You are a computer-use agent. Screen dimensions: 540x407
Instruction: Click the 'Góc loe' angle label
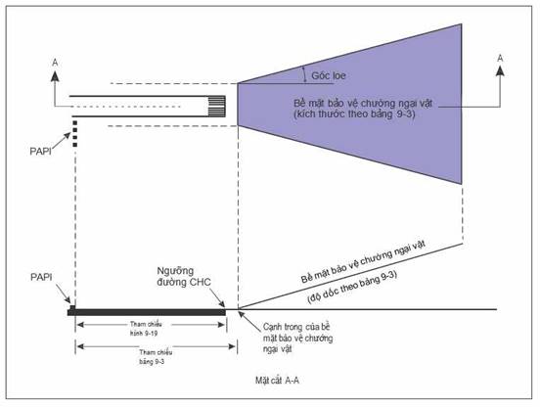click(x=328, y=75)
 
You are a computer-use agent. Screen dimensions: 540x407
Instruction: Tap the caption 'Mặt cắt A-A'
click(x=277, y=381)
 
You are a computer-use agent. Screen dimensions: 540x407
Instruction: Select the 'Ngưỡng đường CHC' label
click(x=184, y=277)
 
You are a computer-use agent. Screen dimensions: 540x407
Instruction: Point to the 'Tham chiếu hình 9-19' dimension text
click(x=146, y=329)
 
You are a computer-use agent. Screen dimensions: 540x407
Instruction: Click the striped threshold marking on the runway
click(x=217, y=107)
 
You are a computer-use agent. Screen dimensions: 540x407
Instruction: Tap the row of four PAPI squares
click(x=75, y=134)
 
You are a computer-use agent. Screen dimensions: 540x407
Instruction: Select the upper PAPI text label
click(x=41, y=152)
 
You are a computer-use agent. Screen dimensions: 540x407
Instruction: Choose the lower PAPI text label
click(x=41, y=277)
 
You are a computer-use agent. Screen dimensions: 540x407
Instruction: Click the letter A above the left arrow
click(x=55, y=63)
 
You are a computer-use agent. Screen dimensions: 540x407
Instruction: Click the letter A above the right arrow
click(x=500, y=58)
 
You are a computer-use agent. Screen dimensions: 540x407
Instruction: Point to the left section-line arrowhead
click(x=55, y=76)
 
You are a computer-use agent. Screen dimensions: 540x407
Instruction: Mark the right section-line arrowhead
click(x=500, y=70)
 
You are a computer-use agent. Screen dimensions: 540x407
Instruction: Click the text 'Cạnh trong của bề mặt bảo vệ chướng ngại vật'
click(x=298, y=338)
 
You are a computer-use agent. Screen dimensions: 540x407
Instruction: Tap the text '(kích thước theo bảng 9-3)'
click(x=354, y=113)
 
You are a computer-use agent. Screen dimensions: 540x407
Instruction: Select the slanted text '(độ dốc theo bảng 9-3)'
click(x=352, y=288)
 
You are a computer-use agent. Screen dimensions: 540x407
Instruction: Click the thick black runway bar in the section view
click(x=147, y=312)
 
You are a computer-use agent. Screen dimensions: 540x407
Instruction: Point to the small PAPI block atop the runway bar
click(x=72, y=307)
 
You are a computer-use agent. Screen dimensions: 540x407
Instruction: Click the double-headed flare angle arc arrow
click(x=304, y=74)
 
